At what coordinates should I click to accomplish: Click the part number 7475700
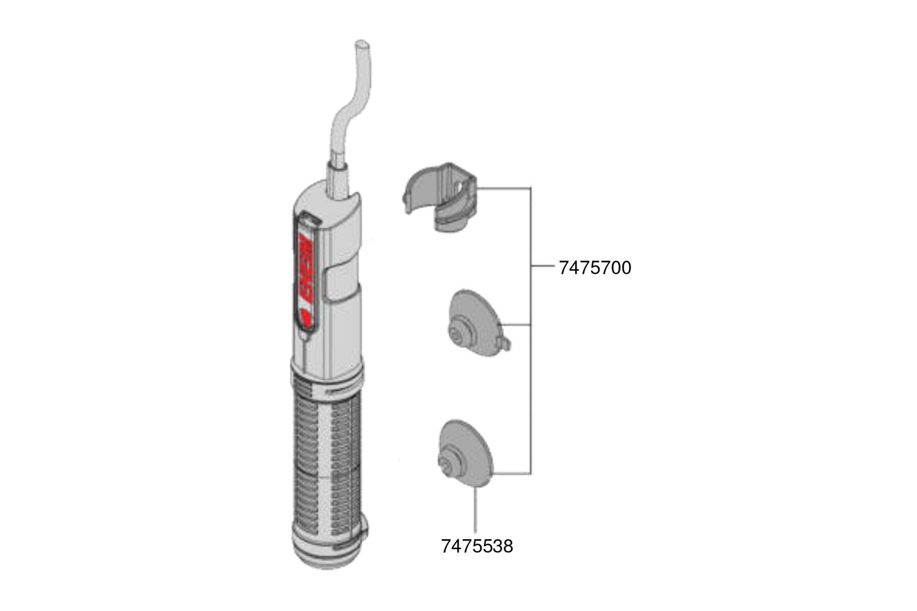595,268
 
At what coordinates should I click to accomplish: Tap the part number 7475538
477,547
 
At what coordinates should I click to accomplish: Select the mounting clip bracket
440,197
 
